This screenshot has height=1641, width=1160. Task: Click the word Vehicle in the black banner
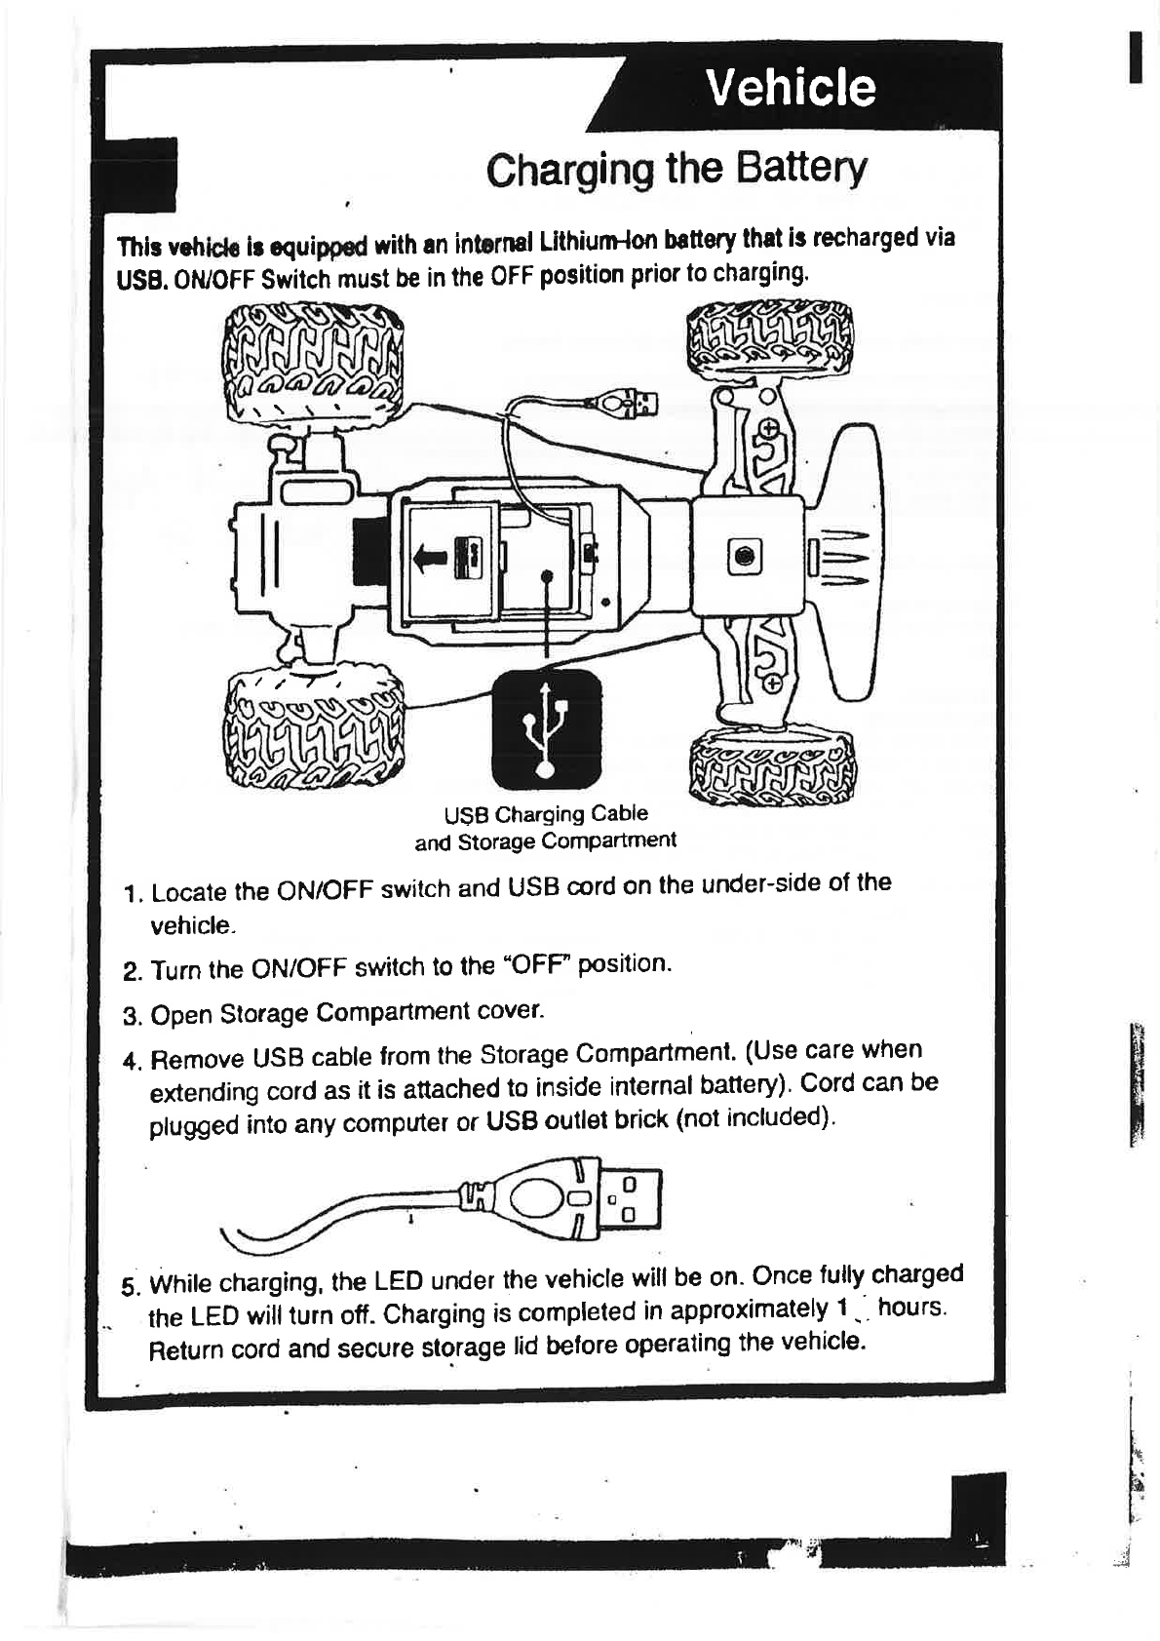[792, 88]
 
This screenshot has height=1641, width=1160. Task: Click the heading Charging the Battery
[676, 171]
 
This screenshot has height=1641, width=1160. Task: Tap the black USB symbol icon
[546, 731]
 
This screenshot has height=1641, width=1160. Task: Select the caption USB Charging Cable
[546, 814]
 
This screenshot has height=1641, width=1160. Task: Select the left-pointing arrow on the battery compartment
[430, 557]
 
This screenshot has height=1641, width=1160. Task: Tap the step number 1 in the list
[134, 894]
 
